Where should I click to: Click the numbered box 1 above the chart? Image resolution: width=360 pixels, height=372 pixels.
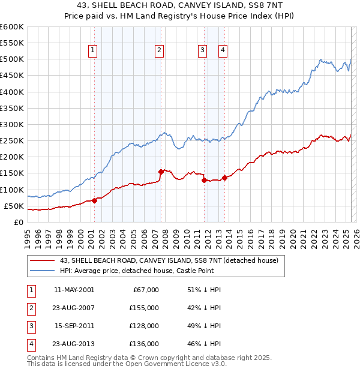click(94, 51)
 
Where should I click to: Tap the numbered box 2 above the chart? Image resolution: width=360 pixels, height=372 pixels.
click(159, 51)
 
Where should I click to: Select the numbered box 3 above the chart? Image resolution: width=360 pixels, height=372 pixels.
click(202, 51)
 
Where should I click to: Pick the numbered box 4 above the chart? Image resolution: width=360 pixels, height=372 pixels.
click(223, 51)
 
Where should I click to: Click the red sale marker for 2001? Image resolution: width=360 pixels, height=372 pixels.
click(94, 200)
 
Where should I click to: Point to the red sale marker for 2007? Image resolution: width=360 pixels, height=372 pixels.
click(161, 172)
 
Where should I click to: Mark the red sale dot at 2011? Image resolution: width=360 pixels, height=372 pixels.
click(204, 180)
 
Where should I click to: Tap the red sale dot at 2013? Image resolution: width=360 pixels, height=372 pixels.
click(224, 178)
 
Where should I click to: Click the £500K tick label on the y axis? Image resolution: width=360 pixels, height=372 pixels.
click(11, 59)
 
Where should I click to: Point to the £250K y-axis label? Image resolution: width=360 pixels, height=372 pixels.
click(11, 141)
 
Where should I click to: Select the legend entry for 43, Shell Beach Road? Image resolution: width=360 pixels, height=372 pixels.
click(169, 261)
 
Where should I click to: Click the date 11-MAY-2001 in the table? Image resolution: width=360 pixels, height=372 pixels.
click(74, 290)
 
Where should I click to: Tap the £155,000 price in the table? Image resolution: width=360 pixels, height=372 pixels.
click(144, 308)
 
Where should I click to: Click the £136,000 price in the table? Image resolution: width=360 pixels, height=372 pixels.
click(144, 344)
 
